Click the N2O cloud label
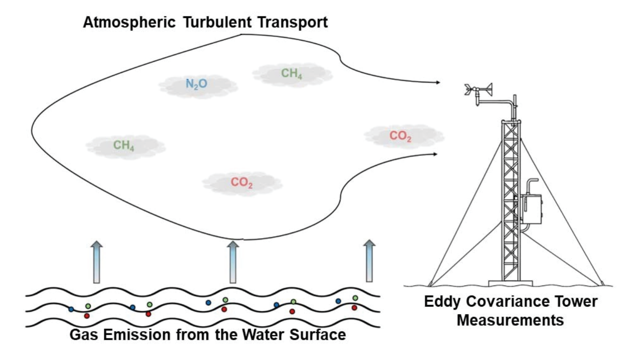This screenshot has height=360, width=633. pyautogui.click(x=197, y=84)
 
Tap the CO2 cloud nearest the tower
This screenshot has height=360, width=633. pyautogui.click(x=400, y=136)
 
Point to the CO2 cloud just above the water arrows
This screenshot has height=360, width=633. pyautogui.click(x=242, y=183)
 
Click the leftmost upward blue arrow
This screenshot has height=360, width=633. pyautogui.click(x=97, y=262)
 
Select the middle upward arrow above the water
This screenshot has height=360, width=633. pyautogui.click(x=233, y=262)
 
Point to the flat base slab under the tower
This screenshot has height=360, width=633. pyautogui.click(x=511, y=283)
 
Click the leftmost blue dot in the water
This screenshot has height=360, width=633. pyautogui.click(x=71, y=309)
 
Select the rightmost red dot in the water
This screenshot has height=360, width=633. pyautogui.click(x=354, y=308)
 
